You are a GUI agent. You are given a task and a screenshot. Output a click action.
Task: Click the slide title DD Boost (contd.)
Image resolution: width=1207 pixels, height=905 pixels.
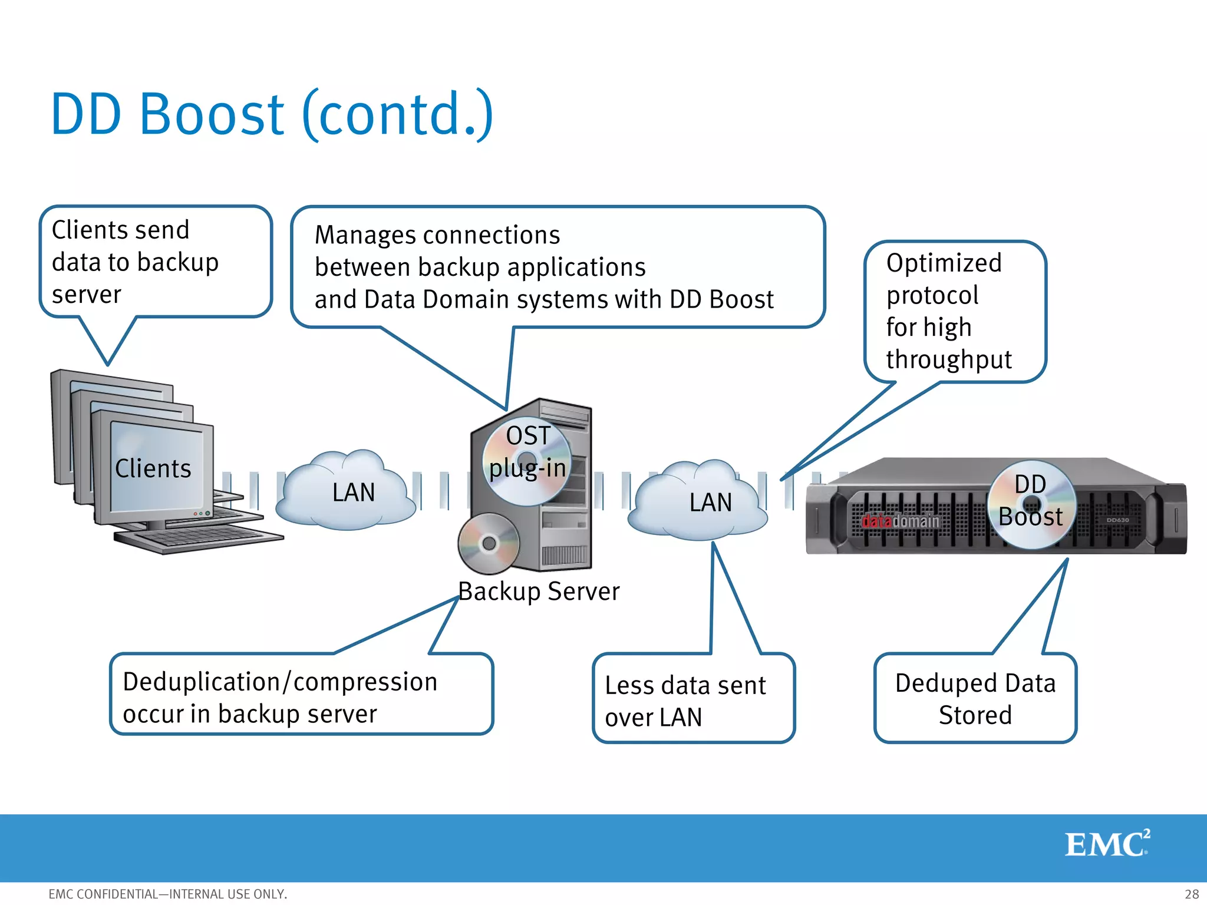click(271, 114)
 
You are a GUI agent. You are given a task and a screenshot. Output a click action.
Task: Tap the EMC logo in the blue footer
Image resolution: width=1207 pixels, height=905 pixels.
click(1107, 844)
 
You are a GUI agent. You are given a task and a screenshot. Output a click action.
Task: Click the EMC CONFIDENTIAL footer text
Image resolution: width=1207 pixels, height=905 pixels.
click(168, 894)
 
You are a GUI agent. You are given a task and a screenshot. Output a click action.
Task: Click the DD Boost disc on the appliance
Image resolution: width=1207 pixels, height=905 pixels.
click(1031, 504)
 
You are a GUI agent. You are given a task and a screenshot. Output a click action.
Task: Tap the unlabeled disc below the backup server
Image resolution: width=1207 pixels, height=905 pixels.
click(489, 543)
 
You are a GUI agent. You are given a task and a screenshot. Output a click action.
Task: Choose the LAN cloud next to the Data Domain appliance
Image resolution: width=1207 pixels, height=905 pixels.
click(698, 503)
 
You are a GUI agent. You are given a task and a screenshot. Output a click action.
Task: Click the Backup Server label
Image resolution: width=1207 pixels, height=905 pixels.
click(539, 592)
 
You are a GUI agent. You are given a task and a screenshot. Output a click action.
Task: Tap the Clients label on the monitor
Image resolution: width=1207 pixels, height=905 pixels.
click(153, 469)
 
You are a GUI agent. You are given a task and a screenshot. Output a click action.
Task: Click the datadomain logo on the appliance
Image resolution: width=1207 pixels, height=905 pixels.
click(901, 521)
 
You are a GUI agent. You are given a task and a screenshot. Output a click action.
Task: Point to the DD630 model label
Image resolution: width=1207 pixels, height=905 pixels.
click(1117, 520)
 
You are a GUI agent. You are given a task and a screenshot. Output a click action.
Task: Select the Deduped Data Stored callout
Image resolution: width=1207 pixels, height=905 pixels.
click(975, 699)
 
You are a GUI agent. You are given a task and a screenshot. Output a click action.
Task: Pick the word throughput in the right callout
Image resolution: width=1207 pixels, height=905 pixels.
click(949, 359)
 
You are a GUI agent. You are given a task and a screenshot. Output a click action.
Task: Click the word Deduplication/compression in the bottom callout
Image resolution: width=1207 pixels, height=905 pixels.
click(280, 682)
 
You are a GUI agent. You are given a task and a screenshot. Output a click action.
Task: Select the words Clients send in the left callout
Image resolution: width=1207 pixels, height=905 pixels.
click(121, 230)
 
